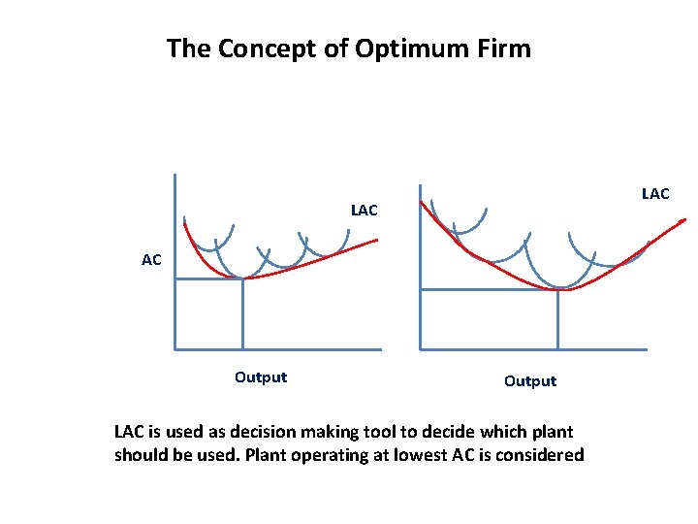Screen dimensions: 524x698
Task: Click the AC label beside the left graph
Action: [x=151, y=260]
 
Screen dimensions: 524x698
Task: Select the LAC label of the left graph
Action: [x=365, y=210]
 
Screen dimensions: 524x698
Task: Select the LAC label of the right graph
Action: [x=655, y=194]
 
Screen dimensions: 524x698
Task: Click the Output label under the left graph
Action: [x=261, y=377]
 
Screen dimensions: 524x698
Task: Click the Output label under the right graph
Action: [x=530, y=381]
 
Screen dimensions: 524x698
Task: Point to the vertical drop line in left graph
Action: [x=242, y=314]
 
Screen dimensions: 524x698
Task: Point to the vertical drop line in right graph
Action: [x=558, y=319]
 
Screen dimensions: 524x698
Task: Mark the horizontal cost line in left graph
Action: [x=208, y=279]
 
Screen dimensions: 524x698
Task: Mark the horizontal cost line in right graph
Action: [x=489, y=289]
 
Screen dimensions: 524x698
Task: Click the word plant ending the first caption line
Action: [x=551, y=432]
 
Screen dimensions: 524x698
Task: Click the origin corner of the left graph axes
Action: [x=174, y=348]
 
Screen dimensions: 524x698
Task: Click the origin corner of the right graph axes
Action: [x=420, y=348]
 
